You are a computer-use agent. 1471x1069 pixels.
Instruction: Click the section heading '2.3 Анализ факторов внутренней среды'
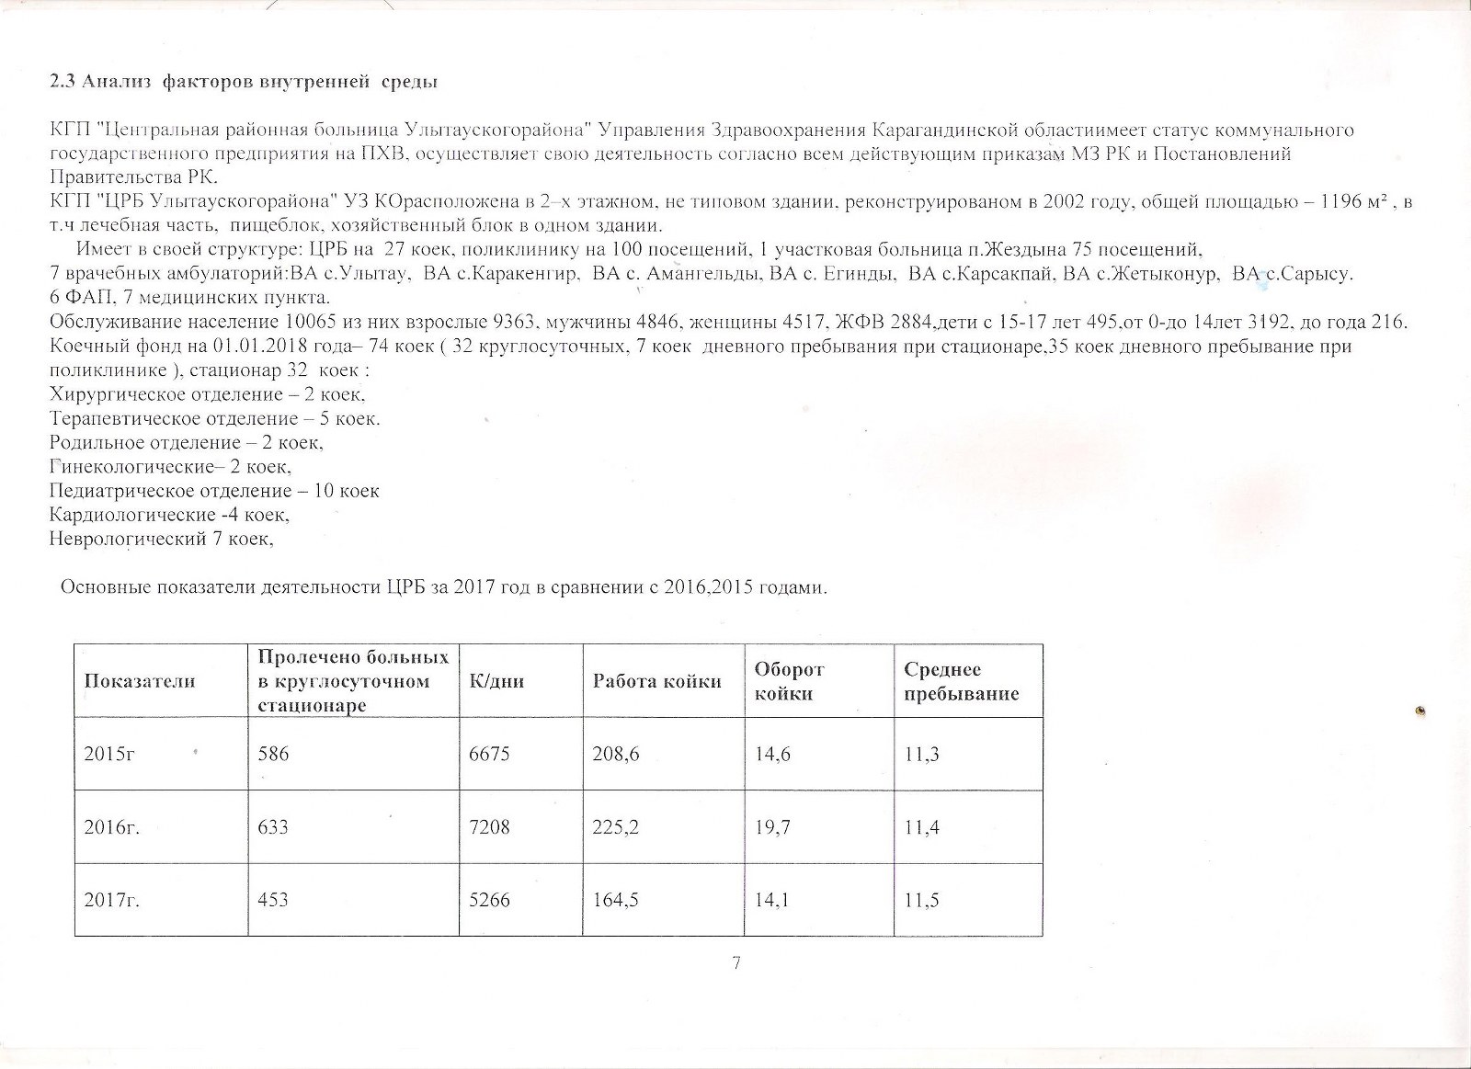tap(244, 83)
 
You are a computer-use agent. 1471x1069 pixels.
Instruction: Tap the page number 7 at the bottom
tap(735, 962)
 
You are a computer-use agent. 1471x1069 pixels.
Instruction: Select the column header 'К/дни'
tap(496, 681)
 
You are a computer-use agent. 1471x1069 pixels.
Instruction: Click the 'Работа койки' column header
tap(656, 681)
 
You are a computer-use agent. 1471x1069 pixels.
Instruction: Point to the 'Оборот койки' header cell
tap(789, 681)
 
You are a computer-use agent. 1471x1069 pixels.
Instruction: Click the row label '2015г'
tap(110, 755)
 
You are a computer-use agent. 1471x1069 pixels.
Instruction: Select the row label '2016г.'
tap(112, 827)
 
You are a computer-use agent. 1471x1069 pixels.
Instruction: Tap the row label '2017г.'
tap(112, 900)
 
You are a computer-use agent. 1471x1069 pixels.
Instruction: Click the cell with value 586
tap(273, 755)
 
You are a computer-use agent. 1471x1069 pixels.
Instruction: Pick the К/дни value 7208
tap(489, 827)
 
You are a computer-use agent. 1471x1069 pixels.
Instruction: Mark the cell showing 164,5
tap(616, 900)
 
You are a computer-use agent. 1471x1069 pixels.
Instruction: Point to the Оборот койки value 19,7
tap(772, 827)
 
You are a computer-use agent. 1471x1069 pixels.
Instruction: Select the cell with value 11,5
tap(921, 900)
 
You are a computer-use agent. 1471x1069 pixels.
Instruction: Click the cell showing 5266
tap(489, 900)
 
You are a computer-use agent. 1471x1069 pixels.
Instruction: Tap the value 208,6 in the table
tap(616, 755)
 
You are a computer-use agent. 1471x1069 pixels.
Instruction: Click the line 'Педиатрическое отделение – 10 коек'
tap(214, 491)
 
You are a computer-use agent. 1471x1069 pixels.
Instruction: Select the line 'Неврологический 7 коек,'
tap(162, 539)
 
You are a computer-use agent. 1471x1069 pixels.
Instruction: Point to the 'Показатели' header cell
tap(140, 681)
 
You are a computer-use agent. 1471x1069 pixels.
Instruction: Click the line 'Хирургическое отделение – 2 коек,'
tap(208, 395)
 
